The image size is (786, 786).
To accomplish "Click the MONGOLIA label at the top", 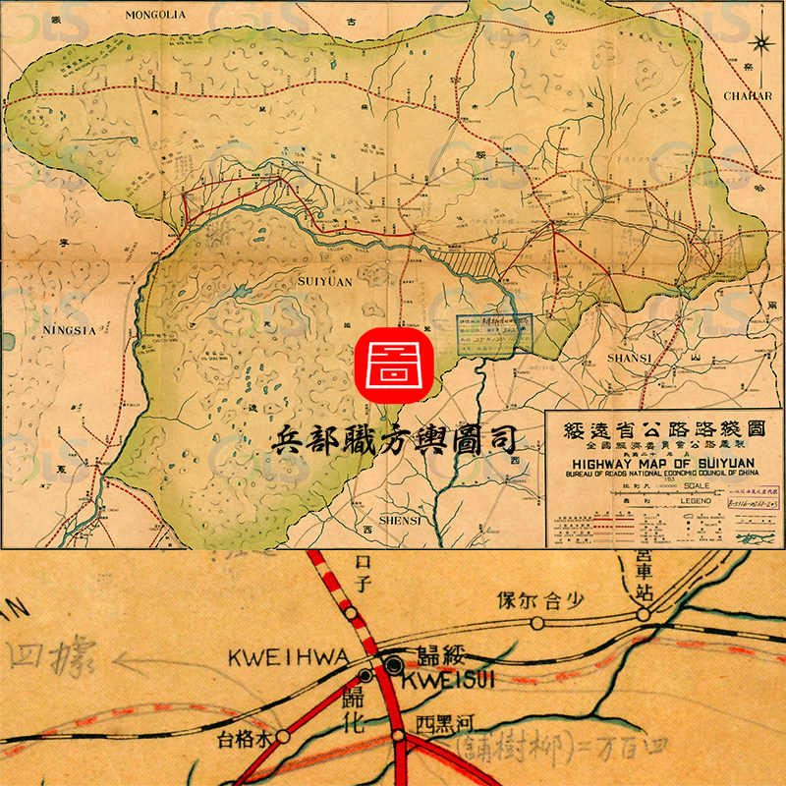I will pyautogui.click(x=156, y=15).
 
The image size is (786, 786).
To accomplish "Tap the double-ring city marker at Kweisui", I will pyautogui.click(x=394, y=665).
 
